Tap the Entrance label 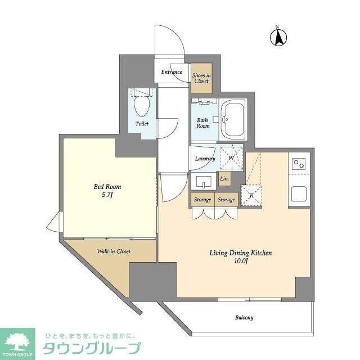coord(172,72)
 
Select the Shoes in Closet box coord(201,78)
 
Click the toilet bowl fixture coord(142,105)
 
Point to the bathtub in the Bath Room coord(232,120)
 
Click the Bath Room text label coord(203,123)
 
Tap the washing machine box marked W coord(231,158)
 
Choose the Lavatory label coord(205,159)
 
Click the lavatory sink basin coord(202,182)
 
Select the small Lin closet coord(224,179)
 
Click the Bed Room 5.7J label coord(107,191)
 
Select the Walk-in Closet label coord(114,251)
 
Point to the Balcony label coord(244,317)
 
